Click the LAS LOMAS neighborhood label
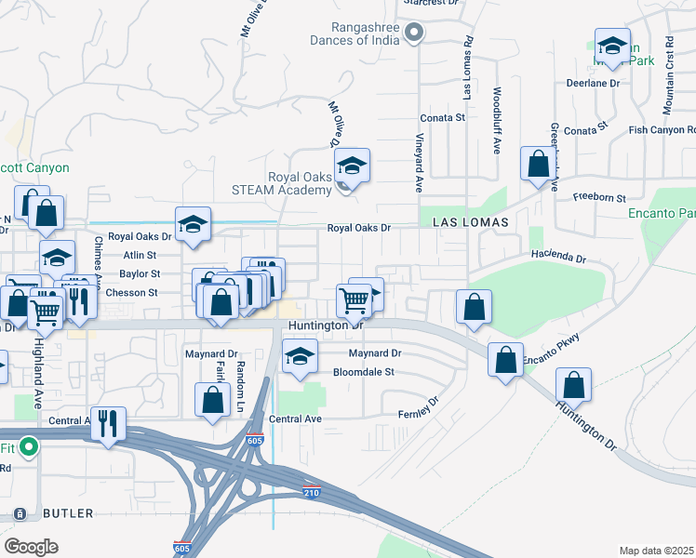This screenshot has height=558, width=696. click(x=470, y=223)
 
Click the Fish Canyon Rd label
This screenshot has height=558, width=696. click(x=661, y=130)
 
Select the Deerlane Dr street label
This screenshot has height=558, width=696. click(x=593, y=83)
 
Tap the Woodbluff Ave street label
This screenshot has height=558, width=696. click(x=498, y=120)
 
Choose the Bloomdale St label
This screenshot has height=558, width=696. click(x=365, y=372)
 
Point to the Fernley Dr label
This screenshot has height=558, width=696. click(x=418, y=407)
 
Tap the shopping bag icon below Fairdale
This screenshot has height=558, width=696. click(x=213, y=400)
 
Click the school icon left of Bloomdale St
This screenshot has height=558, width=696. click(x=299, y=357)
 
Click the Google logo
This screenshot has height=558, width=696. click(x=31, y=546)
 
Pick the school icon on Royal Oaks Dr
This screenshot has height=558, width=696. click(x=193, y=225)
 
